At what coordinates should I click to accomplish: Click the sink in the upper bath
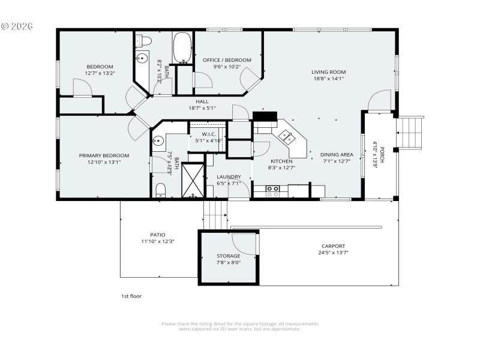tap(141, 59)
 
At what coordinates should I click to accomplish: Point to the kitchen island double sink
tap(287, 137)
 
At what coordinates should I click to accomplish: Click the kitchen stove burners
tap(272, 191)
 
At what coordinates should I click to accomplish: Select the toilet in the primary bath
tap(160, 191)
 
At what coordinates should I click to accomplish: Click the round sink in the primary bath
tap(158, 142)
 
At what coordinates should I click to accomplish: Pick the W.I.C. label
tap(208, 134)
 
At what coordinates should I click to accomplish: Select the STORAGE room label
tap(229, 256)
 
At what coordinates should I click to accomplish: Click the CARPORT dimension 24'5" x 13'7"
tap(333, 253)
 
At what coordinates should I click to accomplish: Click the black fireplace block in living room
tap(262, 116)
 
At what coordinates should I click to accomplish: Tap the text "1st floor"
tap(131, 296)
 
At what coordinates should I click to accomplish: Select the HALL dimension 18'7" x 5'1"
tap(202, 108)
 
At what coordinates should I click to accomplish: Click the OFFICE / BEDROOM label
tap(227, 60)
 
